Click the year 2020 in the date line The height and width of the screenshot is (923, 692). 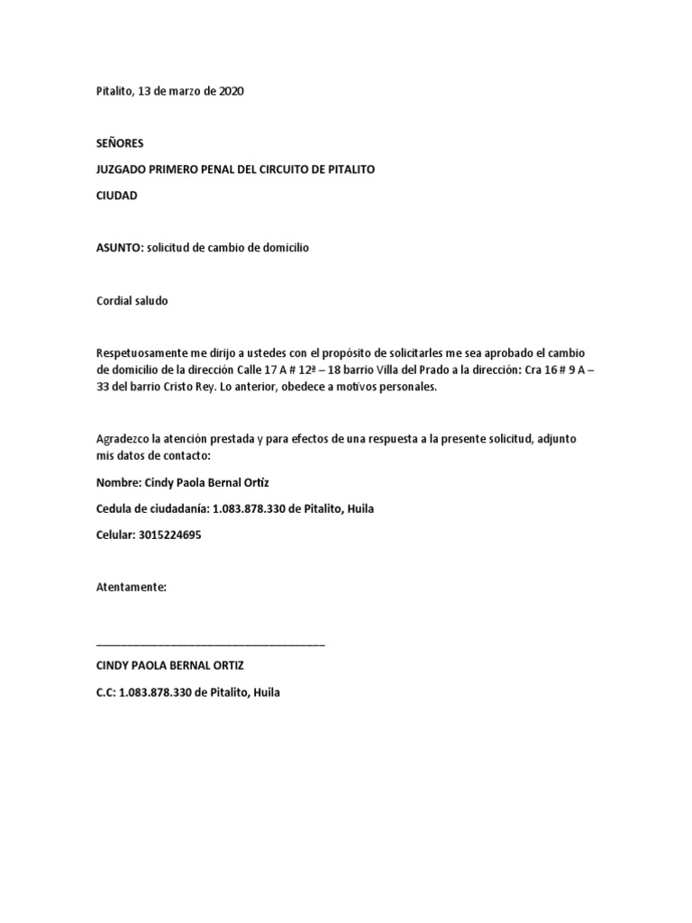[x=229, y=92]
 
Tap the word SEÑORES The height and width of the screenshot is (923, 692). [x=119, y=143]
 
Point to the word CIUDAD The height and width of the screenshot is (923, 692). [x=117, y=196]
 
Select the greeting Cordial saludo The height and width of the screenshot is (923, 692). [x=132, y=301]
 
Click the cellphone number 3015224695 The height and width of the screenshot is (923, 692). [x=171, y=535]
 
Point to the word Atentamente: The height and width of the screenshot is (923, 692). [x=132, y=587]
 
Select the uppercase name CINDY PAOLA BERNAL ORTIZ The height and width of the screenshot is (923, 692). [x=170, y=666]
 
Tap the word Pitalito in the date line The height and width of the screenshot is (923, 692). [x=114, y=92]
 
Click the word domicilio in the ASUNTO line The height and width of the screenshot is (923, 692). [x=280, y=248]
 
